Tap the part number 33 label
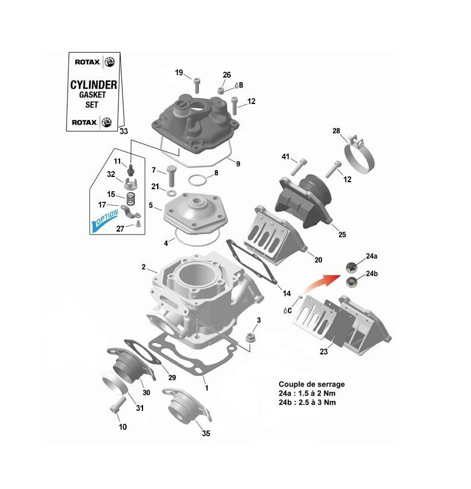[123, 131]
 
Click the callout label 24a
[371, 257]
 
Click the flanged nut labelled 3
[250, 337]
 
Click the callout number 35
[205, 433]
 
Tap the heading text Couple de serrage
[312, 384]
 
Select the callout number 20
[319, 260]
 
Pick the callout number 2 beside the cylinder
[144, 267]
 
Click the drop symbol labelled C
[286, 309]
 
